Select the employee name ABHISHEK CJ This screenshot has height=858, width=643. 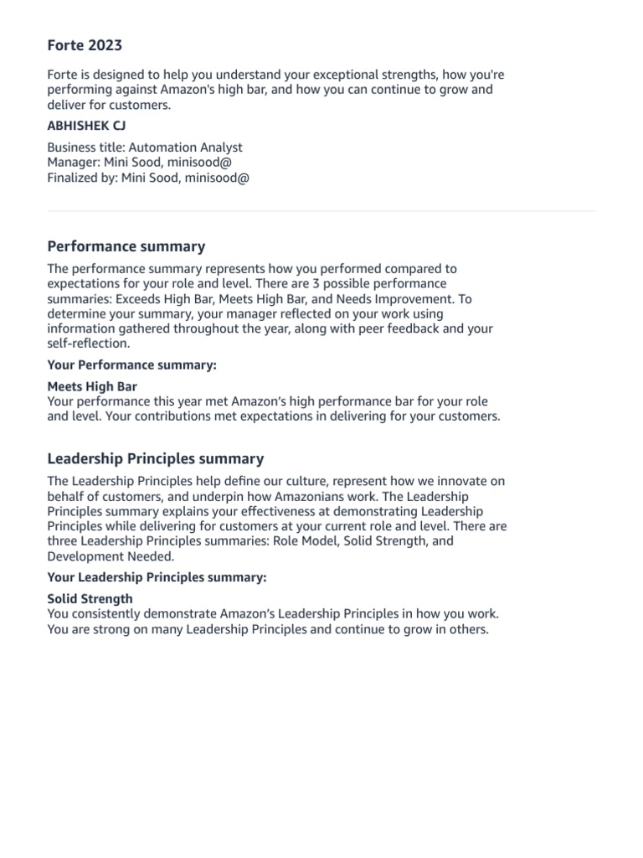[86, 126]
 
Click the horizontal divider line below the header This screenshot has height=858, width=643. [321, 211]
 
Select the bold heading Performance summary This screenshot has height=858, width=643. [126, 246]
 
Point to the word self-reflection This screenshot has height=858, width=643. [87, 344]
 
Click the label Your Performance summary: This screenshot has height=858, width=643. [131, 365]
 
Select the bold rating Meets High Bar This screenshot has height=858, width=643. [92, 387]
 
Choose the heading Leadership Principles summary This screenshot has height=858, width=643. [155, 458]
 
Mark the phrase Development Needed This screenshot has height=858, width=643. [99, 556]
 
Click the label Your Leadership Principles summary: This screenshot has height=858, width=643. [157, 577]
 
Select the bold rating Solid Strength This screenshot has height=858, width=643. [90, 599]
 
